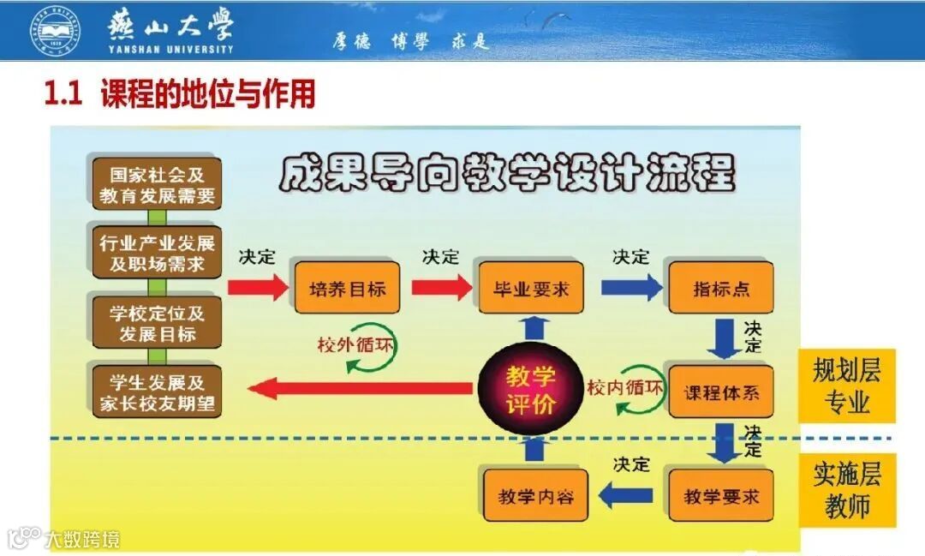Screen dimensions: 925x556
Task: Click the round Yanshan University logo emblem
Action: tap(53, 30)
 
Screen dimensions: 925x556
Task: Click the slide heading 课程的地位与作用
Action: tap(207, 93)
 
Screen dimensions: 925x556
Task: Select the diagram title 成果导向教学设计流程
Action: tap(507, 174)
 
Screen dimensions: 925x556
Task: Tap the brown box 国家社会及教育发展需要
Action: tap(157, 183)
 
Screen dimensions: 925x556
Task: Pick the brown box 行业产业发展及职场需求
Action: tap(157, 252)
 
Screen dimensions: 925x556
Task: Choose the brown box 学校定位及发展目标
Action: tap(157, 322)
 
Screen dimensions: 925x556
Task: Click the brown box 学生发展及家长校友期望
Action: tap(157, 392)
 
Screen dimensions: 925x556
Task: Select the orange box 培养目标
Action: tap(347, 288)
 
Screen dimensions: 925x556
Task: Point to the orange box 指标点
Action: tap(721, 288)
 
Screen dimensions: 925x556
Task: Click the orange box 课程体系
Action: tap(721, 393)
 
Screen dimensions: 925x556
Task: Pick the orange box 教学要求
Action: tap(721, 495)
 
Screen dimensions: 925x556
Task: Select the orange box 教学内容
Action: tap(535, 495)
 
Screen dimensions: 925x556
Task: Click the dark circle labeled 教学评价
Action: tap(531, 391)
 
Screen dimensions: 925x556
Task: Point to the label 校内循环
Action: tap(625, 386)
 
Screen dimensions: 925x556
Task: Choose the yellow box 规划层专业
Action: tap(846, 386)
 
